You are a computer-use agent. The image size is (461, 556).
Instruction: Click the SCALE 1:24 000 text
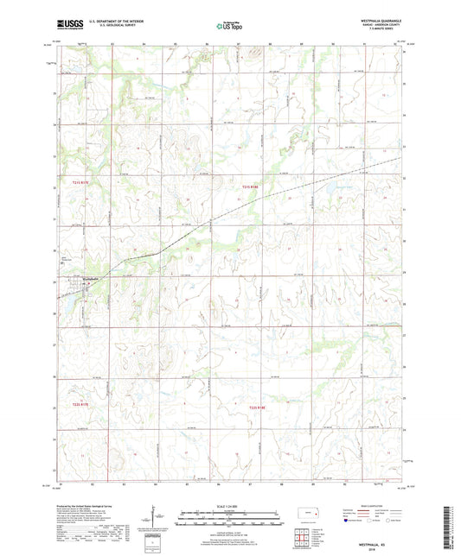coord(229,505)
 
